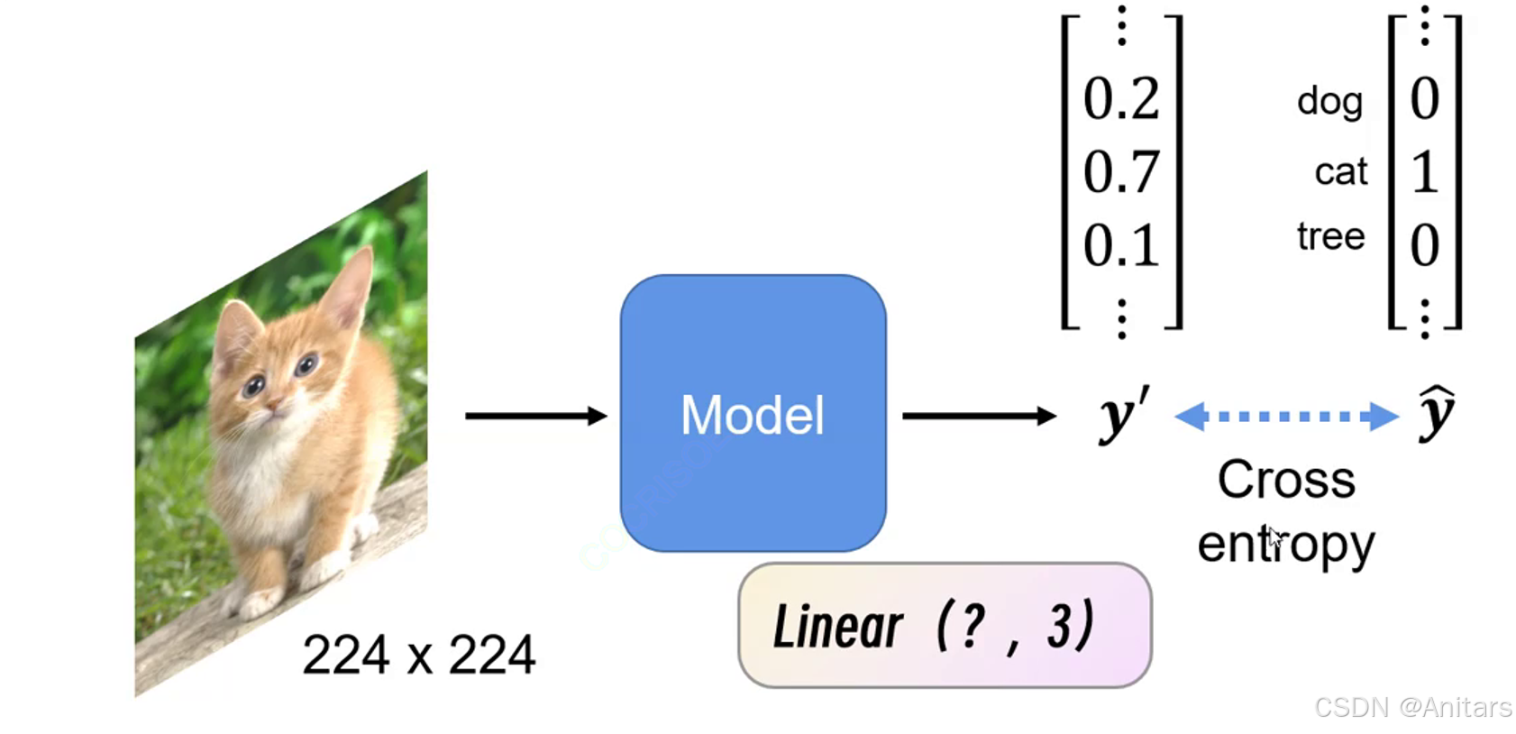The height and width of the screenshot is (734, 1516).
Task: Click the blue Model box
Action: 753,413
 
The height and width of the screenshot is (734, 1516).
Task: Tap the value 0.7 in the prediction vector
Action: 1120,171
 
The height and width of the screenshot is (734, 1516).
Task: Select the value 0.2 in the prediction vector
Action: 1120,98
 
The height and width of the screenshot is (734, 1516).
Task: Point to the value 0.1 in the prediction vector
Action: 1120,244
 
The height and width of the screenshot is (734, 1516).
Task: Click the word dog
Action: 1329,101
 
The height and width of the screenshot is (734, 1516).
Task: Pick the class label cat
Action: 1340,171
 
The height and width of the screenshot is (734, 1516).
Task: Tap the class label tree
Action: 1330,236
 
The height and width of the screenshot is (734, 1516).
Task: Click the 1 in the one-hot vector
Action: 1424,171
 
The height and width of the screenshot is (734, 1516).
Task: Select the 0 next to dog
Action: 1424,98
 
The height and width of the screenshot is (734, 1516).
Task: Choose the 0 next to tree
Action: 1424,244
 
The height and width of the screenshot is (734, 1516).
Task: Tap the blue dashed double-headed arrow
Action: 1286,416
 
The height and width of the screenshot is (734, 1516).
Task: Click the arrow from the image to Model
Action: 535,416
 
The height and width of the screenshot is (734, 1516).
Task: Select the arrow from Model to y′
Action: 978,416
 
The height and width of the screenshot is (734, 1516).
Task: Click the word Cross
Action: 1286,479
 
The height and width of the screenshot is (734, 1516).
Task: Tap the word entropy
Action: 1286,544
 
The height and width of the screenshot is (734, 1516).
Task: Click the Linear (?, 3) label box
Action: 944,625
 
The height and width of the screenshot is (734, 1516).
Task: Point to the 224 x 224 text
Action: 418,654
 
